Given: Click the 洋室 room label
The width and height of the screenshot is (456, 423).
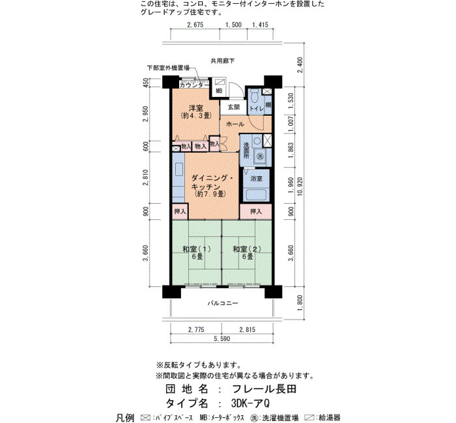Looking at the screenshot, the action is pos(196,108).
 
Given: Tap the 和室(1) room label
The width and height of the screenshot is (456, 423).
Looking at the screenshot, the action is pos(197,249).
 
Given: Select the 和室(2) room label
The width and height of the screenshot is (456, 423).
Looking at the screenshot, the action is pos(247,249).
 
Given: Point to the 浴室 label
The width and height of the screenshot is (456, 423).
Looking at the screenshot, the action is pos(256,179).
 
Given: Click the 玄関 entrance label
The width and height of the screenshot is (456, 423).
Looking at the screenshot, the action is pos(233,107).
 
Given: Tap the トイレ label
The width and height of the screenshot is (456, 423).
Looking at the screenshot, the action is pos(257,109).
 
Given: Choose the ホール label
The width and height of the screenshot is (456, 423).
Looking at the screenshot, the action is pos(235,124).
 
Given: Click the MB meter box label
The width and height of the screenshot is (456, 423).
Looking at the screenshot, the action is pos(219,91).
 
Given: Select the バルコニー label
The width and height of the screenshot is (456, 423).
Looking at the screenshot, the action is pos(223,303).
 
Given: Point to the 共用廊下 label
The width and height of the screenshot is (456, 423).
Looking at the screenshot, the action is pos(223,61).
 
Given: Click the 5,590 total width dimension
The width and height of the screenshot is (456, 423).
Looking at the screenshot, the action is pos(222,338).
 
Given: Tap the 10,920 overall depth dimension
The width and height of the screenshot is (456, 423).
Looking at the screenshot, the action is pos(300,186).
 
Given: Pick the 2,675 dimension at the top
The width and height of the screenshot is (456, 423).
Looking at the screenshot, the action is pos(195,25).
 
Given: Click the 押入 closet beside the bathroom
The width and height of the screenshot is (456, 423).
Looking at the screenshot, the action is pos(256,211).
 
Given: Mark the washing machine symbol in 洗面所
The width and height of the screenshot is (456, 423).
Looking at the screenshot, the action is pos(261,156).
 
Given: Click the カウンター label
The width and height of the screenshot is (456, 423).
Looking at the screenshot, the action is pos(193,85).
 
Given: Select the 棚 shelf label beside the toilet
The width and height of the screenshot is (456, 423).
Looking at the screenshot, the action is pos(268,105).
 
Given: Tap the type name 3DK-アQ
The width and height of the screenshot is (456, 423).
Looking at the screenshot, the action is pos(250,403).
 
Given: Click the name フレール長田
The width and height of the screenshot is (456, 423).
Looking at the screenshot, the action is pos(264,389).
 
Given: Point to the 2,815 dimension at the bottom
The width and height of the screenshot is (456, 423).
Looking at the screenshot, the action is pos(247,329).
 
